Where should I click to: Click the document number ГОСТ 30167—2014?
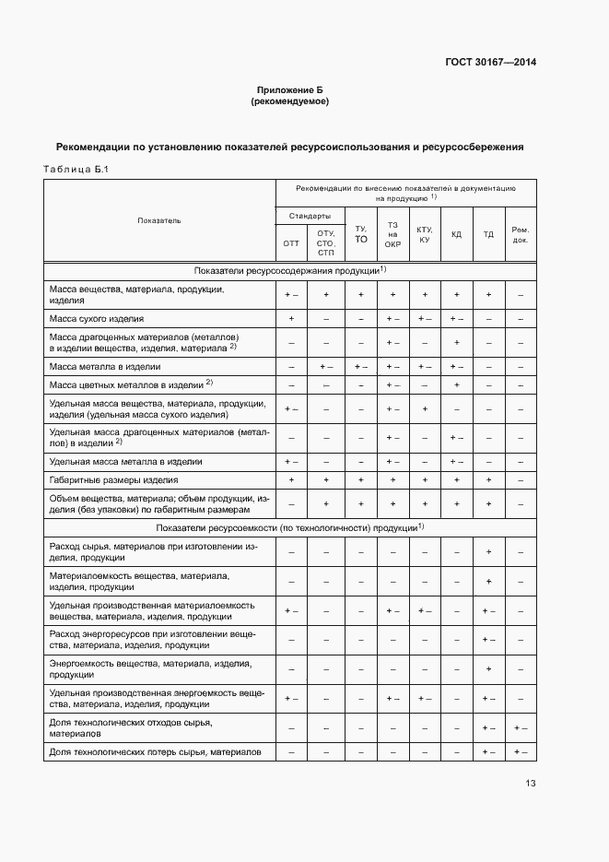491,63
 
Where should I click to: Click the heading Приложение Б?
290,90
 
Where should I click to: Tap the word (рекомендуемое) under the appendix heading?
290,101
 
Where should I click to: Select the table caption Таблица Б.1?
76,168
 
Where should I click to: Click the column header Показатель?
159,220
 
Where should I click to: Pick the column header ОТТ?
291,243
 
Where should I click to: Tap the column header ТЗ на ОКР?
392,234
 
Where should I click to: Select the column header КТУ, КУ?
425,234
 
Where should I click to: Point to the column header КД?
456,234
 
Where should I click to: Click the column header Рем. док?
521,234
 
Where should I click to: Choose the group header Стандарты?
310,216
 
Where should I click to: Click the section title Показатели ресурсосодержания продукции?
289,270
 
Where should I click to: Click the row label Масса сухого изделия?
97,318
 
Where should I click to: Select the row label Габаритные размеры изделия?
113,480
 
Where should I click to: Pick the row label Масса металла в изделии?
105,366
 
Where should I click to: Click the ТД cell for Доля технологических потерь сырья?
488,751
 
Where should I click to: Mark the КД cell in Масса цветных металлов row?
456,384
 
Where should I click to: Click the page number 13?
530,784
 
